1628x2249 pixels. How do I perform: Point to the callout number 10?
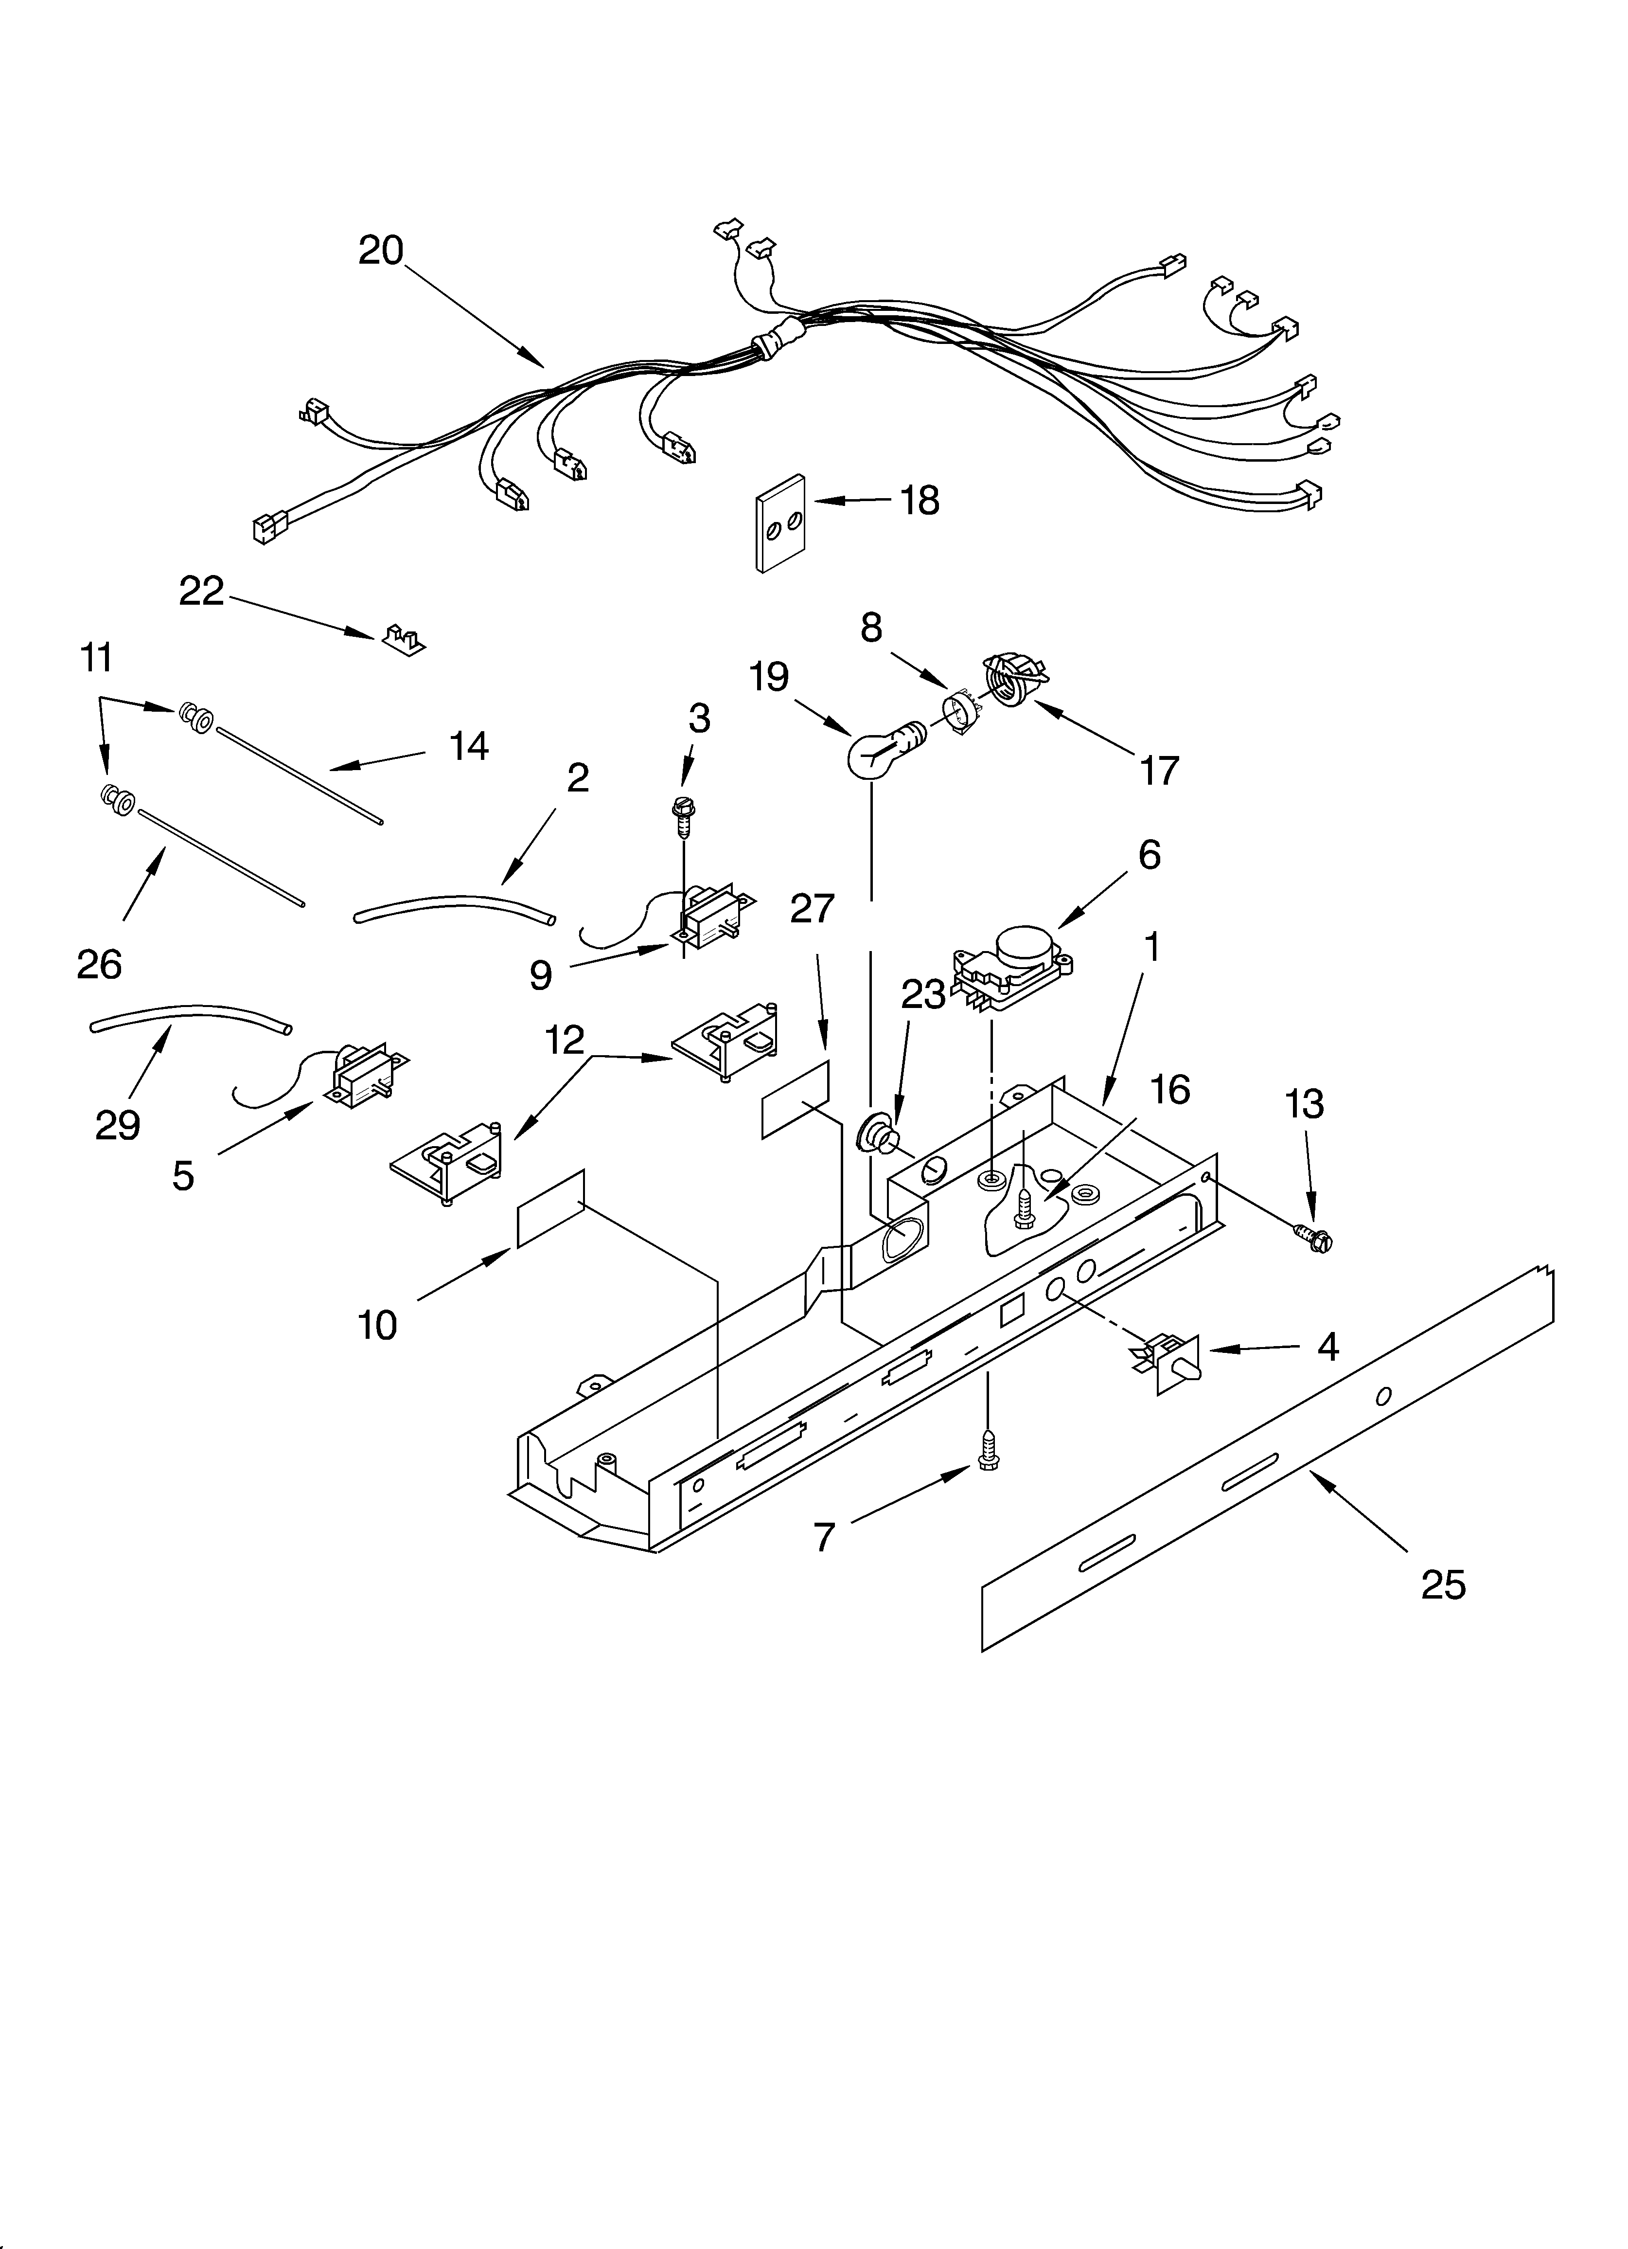pos(378,1324)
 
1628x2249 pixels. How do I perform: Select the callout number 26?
pos(99,964)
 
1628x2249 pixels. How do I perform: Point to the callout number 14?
pos(469,746)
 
